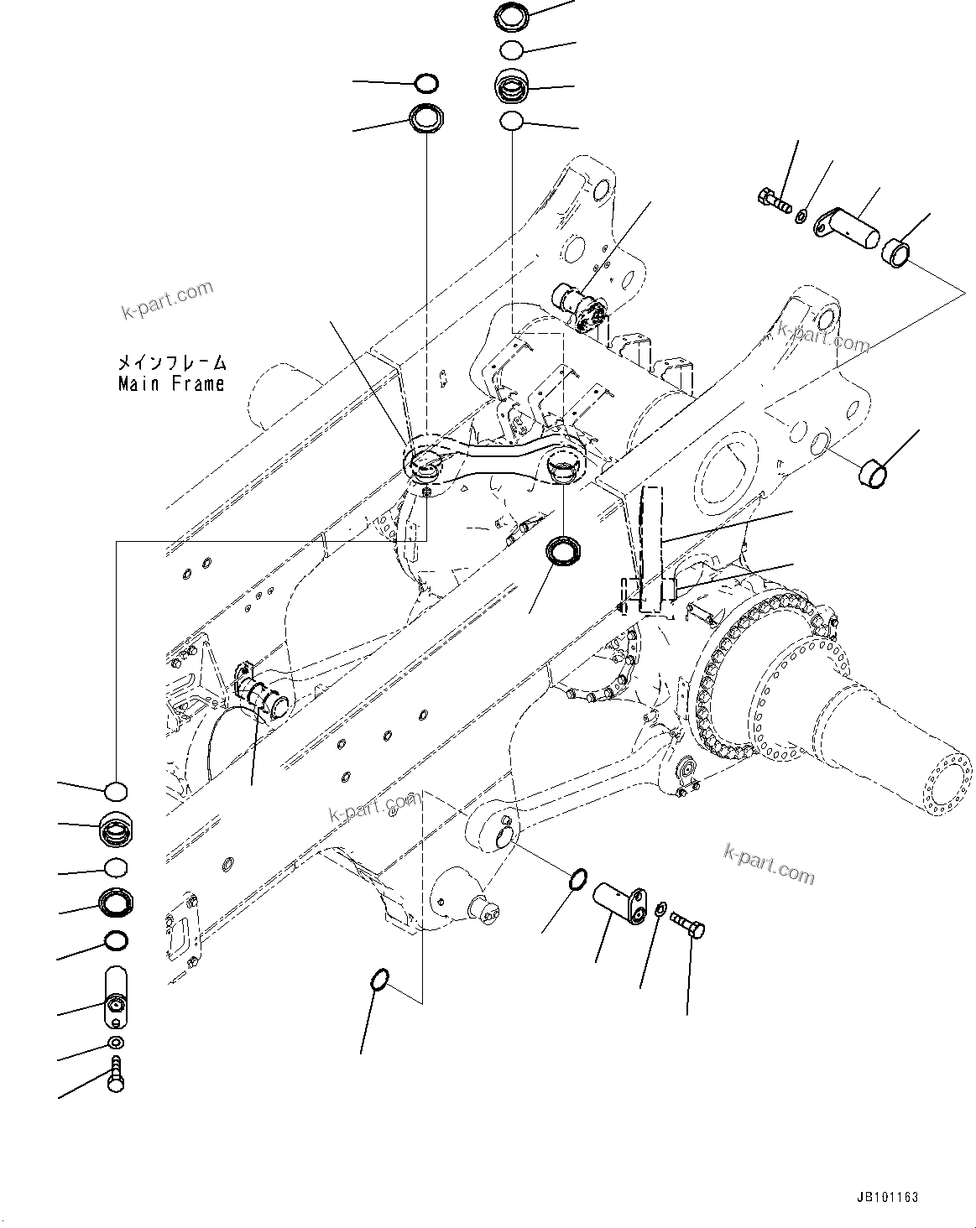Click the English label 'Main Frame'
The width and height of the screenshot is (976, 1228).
[x=171, y=384]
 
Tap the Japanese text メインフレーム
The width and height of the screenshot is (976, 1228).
[x=171, y=363]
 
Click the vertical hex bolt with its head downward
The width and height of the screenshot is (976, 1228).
[x=116, y=1074]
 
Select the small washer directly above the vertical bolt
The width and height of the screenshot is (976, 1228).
[x=116, y=1043]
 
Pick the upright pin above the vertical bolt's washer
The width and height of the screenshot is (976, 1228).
[x=116, y=996]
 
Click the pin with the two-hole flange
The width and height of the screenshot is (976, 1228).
[x=620, y=903]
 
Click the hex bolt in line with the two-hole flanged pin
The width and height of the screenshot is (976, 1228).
[x=689, y=926]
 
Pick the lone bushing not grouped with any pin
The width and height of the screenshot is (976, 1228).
[x=872, y=472]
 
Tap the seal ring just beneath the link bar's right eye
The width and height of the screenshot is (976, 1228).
[x=561, y=552]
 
